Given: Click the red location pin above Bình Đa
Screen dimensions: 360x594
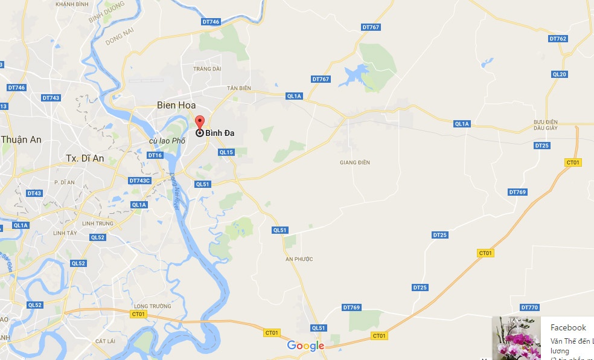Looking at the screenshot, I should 200,121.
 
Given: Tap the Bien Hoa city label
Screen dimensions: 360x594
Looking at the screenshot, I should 176,105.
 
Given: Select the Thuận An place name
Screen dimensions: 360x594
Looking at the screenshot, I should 21,140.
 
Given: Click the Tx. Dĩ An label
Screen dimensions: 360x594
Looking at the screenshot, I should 85,158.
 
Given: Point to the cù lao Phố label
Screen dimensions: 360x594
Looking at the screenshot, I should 167,141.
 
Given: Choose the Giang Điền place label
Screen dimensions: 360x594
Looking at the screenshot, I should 355,162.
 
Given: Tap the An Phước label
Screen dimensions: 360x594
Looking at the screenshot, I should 299,259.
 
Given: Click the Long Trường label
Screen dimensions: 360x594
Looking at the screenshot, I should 150,306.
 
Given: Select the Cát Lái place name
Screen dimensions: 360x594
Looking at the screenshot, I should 105,341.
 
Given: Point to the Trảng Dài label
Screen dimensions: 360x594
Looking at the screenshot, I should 207,69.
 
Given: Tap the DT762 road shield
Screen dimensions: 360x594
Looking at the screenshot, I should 558,39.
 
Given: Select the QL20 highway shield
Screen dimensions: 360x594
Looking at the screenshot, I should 560,74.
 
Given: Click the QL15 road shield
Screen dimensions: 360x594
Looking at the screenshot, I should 226,152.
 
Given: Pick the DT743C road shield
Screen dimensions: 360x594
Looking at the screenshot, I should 139,181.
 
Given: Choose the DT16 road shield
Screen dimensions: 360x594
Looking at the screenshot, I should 155,155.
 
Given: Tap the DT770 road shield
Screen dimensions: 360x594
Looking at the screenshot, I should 529,307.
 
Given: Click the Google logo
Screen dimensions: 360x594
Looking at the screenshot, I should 305,346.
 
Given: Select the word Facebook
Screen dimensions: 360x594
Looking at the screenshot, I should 568,327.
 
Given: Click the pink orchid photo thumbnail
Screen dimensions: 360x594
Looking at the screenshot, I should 516,338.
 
